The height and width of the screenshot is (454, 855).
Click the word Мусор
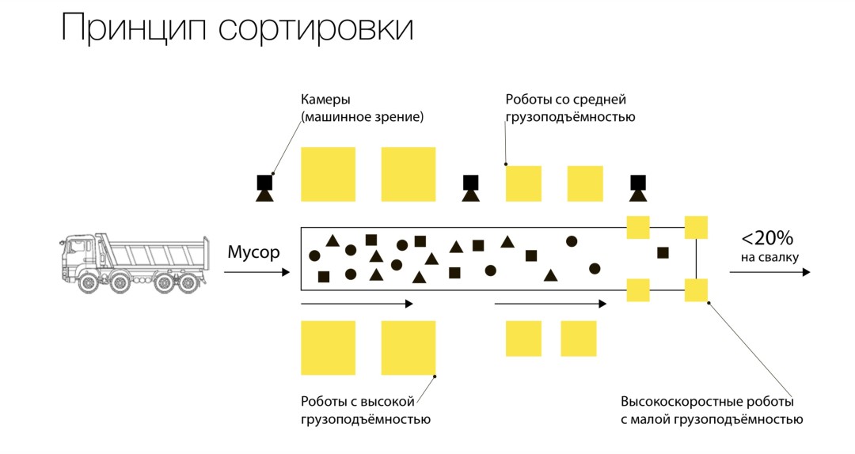click(253, 253)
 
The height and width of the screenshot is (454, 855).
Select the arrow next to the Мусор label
click(256, 273)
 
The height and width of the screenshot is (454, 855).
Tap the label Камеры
click(325, 100)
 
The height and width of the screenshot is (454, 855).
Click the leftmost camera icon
click(264, 188)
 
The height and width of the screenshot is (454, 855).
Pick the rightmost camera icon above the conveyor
click(637, 188)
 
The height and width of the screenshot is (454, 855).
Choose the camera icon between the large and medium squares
click(470, 188)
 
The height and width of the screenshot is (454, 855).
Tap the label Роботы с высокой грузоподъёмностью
click(366, 410)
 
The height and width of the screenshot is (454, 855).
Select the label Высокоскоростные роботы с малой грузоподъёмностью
click(712, 410)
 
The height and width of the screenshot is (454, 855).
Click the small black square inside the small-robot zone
click(663, 253)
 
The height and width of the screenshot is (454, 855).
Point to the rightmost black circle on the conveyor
click(595, 267)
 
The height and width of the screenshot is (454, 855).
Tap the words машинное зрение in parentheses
click(363, 117)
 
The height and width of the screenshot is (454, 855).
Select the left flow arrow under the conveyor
click(357, 303)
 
